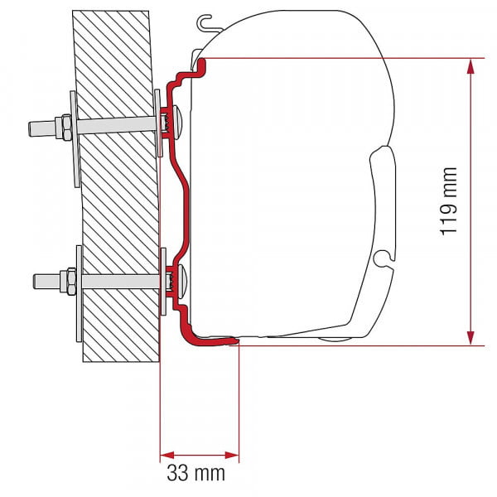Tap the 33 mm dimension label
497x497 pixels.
(x=200, y=475)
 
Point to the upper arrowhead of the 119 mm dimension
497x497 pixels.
(x=472, y=65)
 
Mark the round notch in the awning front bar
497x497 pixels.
(x=382, y=263)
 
